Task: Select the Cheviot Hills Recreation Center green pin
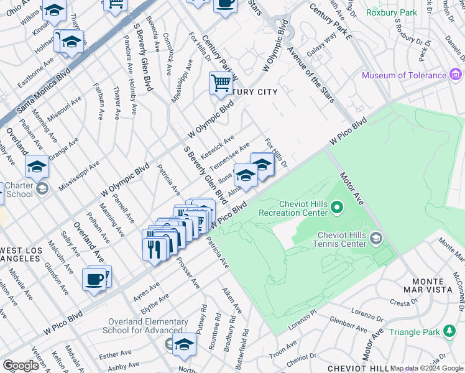click(x=337, y=206)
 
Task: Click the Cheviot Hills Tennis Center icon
click(x=376, y=239)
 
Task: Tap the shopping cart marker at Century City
click(x=221, y=83)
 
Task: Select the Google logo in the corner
click(x=21, y=366)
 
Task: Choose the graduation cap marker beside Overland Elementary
click(x=184, y=344)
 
